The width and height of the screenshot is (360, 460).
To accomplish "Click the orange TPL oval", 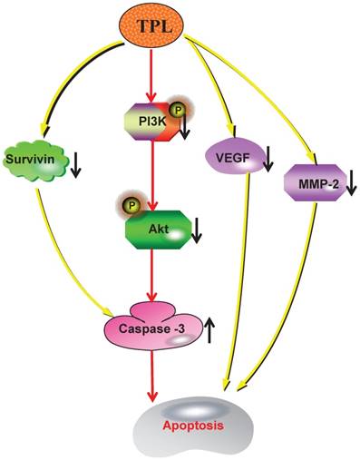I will click(159, 25).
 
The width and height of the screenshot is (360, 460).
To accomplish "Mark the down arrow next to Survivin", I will click(76, 163).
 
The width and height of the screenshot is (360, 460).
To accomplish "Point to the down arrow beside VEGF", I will click(268, 165).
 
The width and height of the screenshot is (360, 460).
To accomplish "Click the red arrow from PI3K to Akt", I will click(158, 172).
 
